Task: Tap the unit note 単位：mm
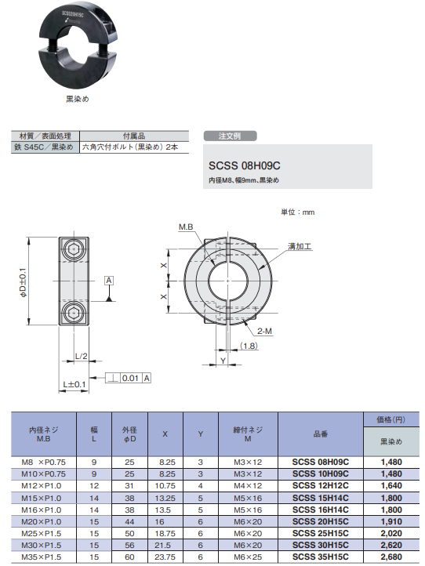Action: pyautogui.click(x=297, y=212)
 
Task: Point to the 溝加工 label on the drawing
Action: pyautogui.click(x=300, y=246)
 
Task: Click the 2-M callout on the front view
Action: pyautogui.click(x=263, y=332)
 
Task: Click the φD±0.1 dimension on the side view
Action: pyautogui.click(x=24, y=282)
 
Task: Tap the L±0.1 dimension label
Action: pyautogui.click(x=74, y=383)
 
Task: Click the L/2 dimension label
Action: pyautogui.click(x=81, y=357)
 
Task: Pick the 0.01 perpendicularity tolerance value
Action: pyautogui.click(x=132, y=379)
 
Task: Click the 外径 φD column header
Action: pyautogui.click(x=129, y=434)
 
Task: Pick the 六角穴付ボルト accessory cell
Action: pyautogui.click(x=134, y=147)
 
